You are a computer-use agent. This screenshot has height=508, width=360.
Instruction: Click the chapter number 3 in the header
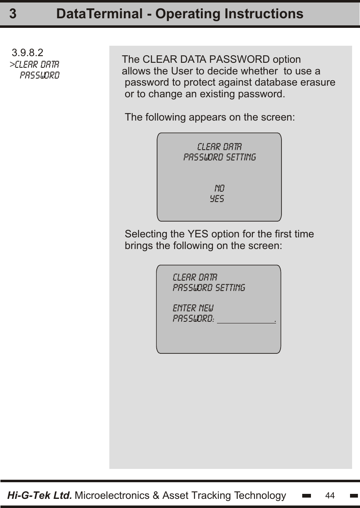pyautogui.click(x=13, y=14)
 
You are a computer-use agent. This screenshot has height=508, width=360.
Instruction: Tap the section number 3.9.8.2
pyautogui.click(x=27, y=53)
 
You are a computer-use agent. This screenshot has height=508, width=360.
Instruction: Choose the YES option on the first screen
pyautogui.click(x=217, y=199)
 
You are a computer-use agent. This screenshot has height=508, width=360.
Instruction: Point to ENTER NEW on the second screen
pyautogui.click(x=193, y=308)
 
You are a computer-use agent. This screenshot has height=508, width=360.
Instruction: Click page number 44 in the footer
pyautogui.click(x=330, y=496)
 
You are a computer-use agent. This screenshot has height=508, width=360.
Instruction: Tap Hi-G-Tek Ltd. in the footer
pyautogui.click(x=40, y=496)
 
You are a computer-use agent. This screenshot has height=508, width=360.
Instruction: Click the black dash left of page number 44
pyautogui.click(x=307, y=496)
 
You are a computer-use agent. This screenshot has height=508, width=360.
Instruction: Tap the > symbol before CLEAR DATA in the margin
pyautogui.click(x=12, y=65)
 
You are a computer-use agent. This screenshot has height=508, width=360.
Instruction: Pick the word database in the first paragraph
pyautogui.click(x=272, y=82)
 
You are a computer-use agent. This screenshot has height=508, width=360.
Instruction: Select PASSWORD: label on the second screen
pyautogui.click(x=194, y=319)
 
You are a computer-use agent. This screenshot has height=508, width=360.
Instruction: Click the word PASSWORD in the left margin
pyautogui.click(x=40, y=76)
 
